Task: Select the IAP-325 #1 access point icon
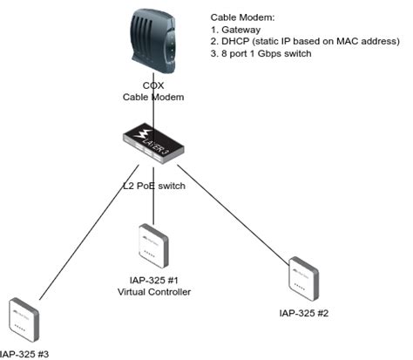[x=153, y=246]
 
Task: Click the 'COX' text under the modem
[x=153, y=86]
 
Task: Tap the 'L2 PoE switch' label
[x=153, y=186]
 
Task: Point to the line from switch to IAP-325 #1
[x=153, y=205]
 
